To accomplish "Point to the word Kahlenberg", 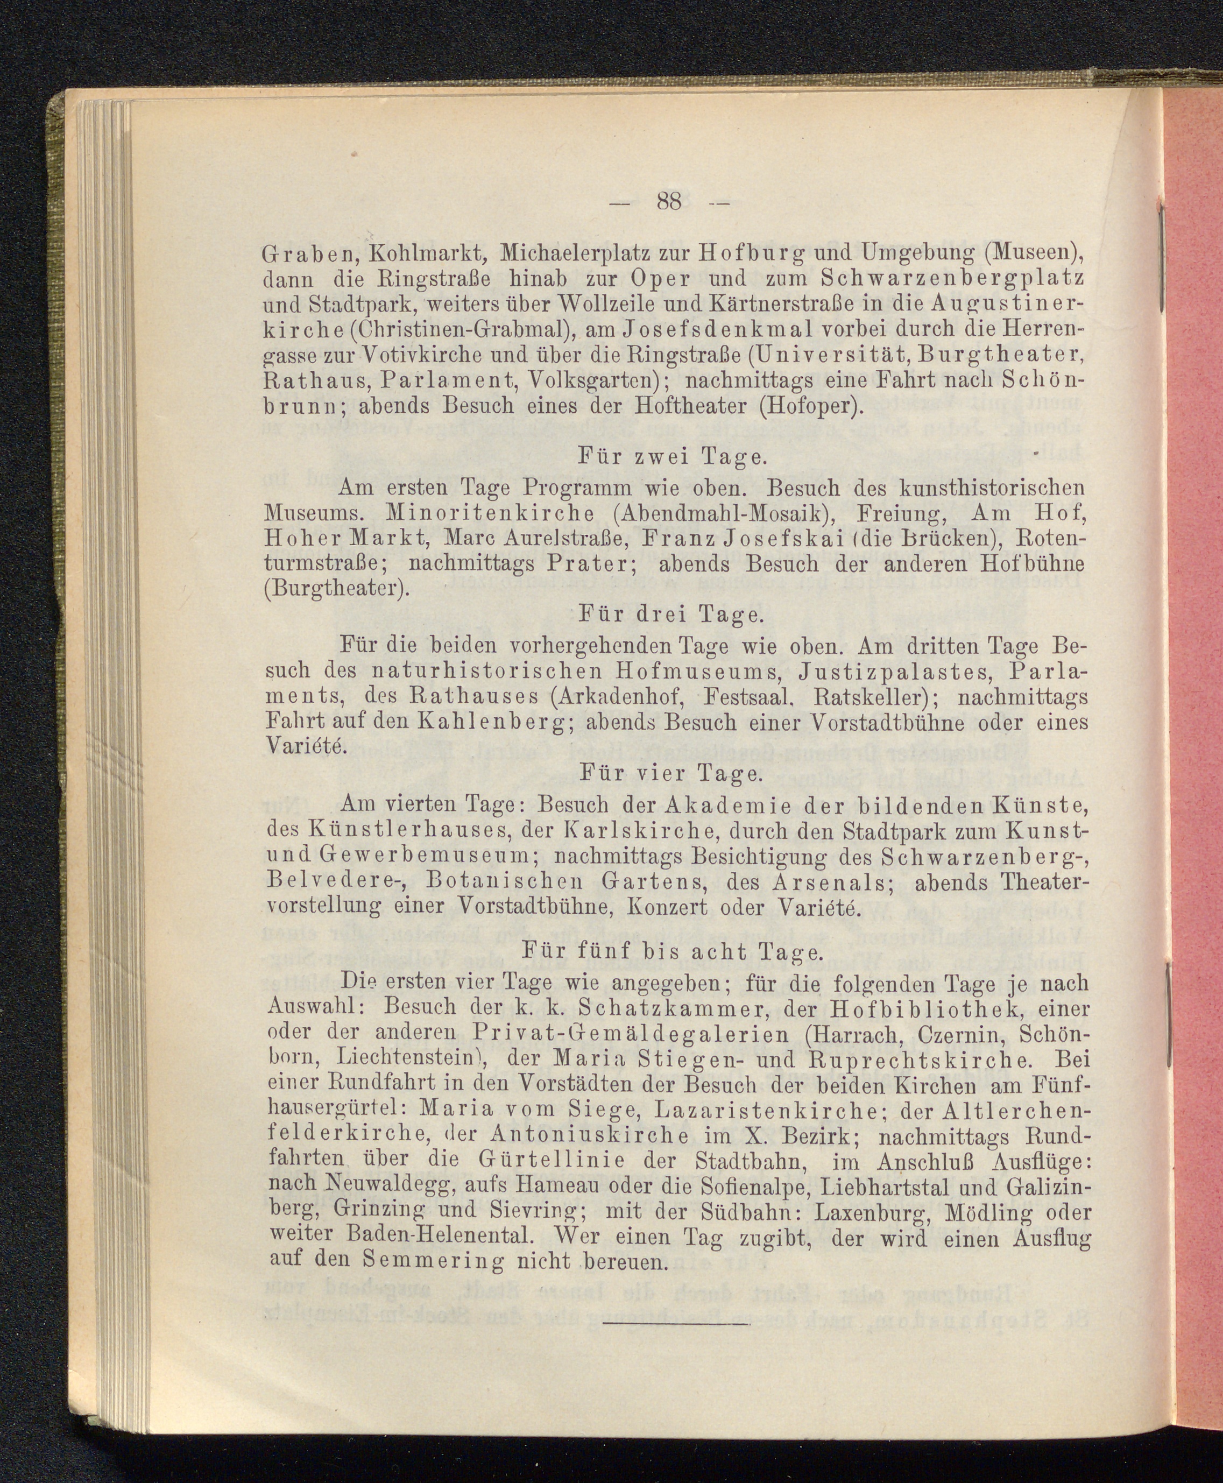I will [497, 723].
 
